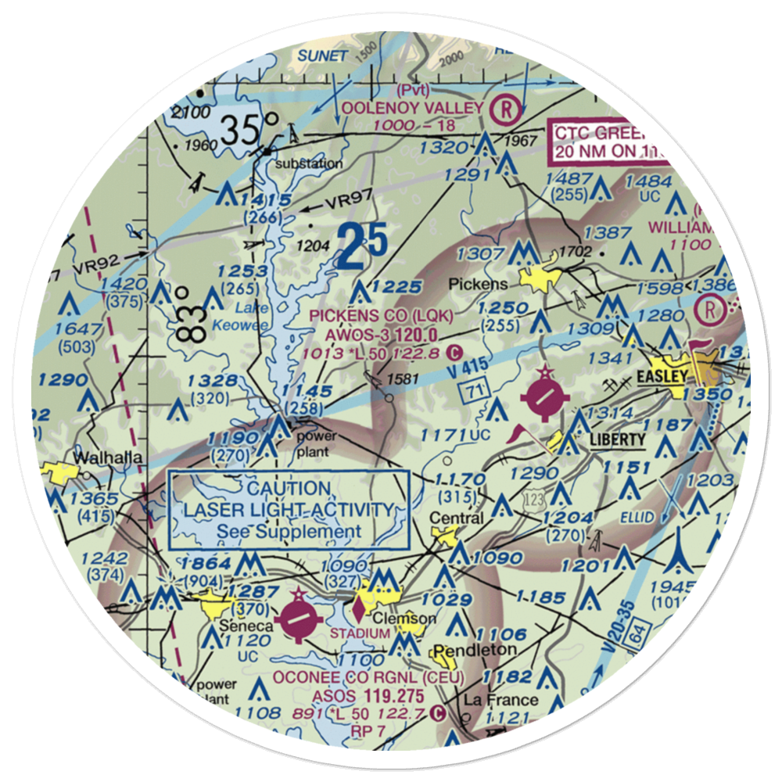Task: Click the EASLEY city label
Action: tap(662, 377)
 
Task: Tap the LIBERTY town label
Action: tap(618, 439)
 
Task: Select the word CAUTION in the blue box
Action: tap(289, 489)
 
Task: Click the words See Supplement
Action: tap(289, 532)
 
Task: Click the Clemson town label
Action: tap(404, 618)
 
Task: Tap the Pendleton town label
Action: tap(475, 650)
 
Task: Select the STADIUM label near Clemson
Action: tap(359, 633)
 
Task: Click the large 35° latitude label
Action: tap(249, 129)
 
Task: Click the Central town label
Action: tap(456, 518)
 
